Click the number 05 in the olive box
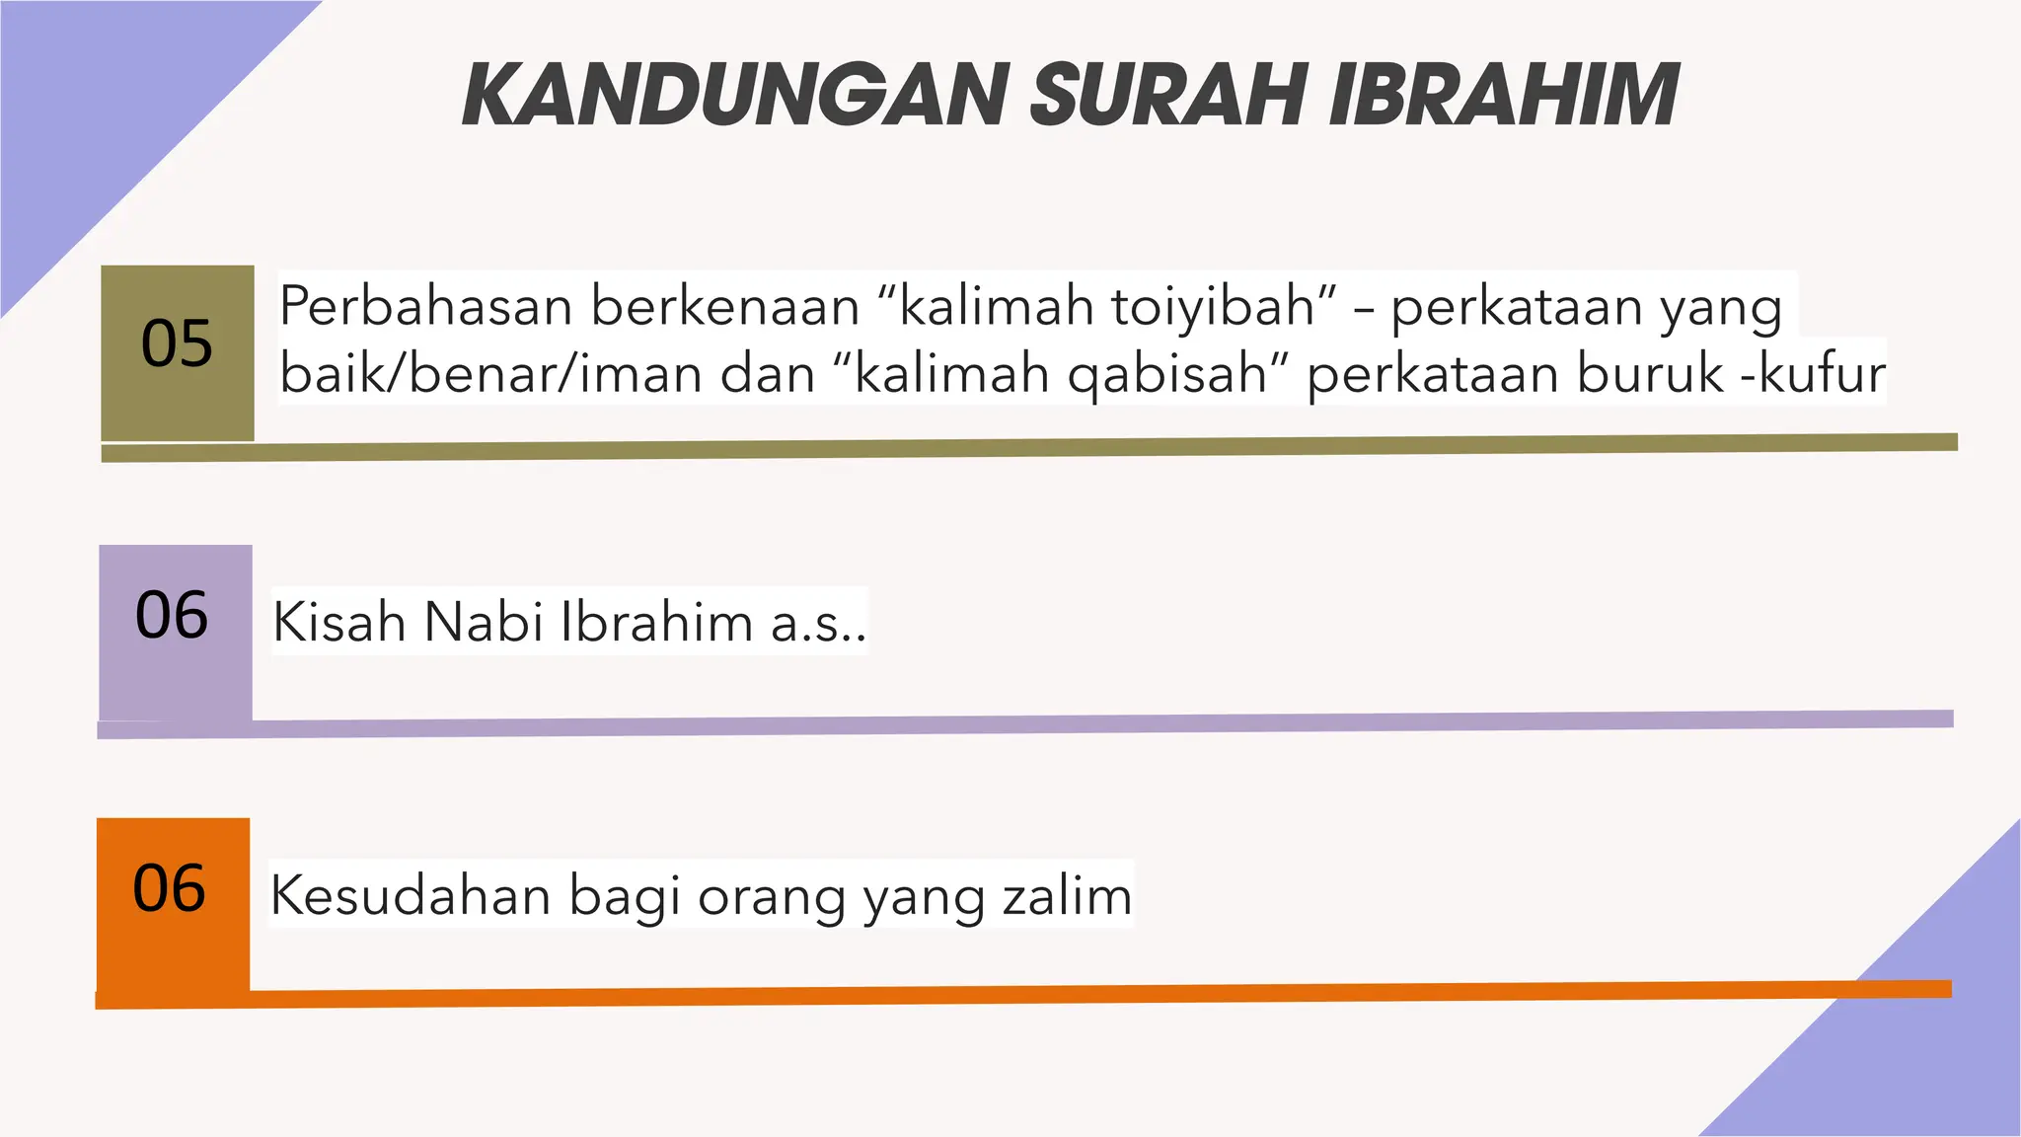177,343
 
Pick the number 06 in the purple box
172,615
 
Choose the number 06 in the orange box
170,888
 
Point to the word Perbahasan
425,306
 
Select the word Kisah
338,623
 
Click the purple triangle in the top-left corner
99,99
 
